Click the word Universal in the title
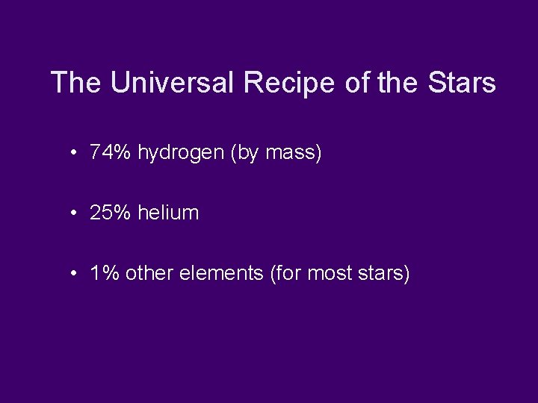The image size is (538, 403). (173, 83)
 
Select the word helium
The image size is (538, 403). (168, 213)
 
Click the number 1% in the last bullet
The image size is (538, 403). (104, 274)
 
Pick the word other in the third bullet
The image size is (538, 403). (148, 274)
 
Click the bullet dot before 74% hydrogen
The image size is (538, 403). (75, 154)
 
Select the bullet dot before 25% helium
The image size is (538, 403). (75, 213)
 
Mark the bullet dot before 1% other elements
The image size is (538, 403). (75, 275)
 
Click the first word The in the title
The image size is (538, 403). (78, 83)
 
